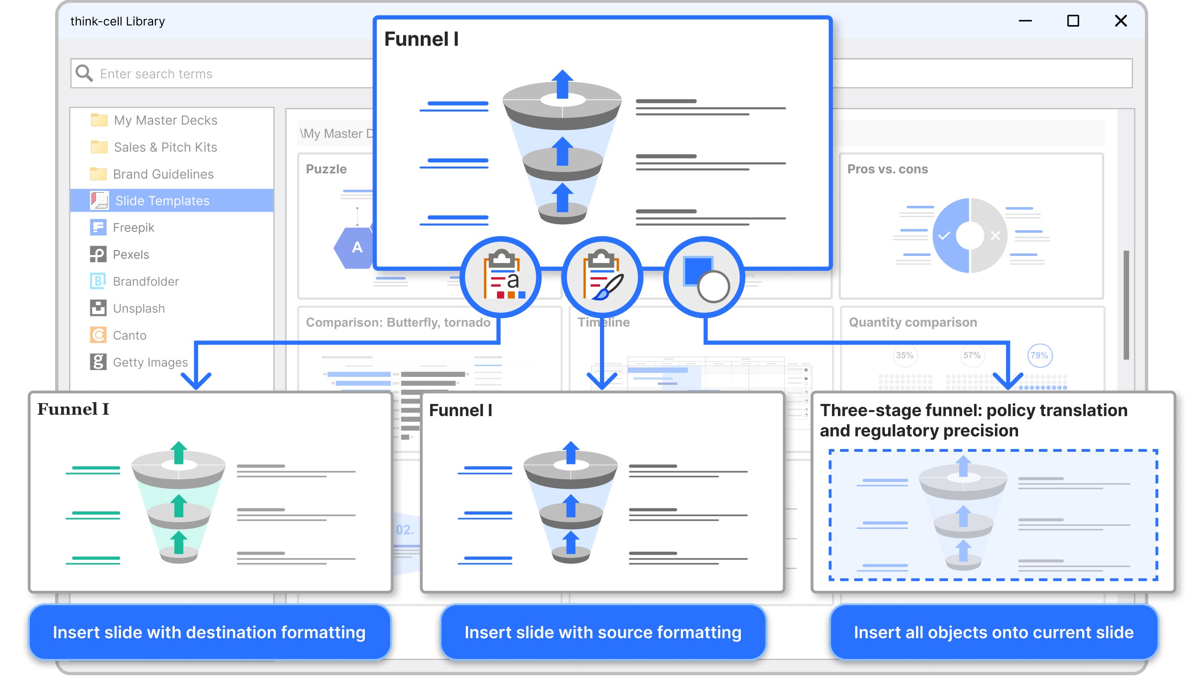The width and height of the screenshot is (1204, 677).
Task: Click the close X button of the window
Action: [1120, 21]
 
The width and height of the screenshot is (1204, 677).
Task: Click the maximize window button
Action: [1073, 21]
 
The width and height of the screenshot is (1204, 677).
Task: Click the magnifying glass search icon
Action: [84, 74]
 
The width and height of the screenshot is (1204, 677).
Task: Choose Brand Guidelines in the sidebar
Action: [163, 174]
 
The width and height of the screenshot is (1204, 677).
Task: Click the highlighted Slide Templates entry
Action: [162, 200]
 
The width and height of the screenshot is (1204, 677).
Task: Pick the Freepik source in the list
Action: [133, 227]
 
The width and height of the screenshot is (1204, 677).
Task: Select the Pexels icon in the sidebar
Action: [98, 255]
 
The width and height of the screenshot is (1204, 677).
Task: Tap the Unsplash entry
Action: [138, 308]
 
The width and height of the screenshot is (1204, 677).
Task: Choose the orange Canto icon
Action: [98, 335]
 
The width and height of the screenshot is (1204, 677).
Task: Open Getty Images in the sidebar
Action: [149, 362]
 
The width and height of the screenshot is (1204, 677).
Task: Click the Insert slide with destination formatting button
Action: [209, 632]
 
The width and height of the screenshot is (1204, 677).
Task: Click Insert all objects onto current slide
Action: [993, 632]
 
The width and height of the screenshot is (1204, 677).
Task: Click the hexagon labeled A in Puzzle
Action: [357, 248]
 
